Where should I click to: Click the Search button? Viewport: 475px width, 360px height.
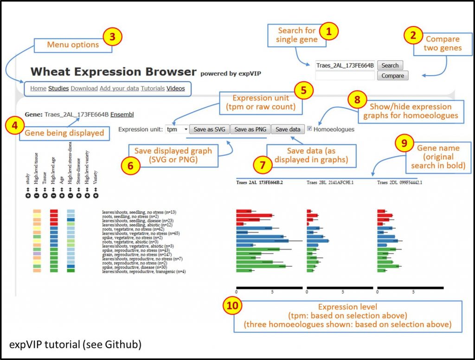coord(390,65)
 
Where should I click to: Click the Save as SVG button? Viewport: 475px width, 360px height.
coord(209,129)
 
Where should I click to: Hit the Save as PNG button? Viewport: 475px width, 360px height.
coord(250,129)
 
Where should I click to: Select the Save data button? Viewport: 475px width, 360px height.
coord(288,129)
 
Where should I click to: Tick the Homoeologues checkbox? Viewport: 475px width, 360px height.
coord(309,129)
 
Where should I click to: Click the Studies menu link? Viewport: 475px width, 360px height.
coord(58,88)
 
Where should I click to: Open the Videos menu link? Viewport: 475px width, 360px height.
coord(175,88)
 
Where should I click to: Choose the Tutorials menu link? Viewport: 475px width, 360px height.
coord(153,88)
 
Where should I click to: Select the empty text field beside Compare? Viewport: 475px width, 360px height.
coord(345,76)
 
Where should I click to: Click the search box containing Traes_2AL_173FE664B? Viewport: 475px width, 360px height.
coord(345,65)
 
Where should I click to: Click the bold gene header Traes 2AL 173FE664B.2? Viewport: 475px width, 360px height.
coord(259,183)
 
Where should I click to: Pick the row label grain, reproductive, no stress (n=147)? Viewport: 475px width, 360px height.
coord(133,254)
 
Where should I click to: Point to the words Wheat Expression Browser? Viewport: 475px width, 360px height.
coord(114,72)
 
